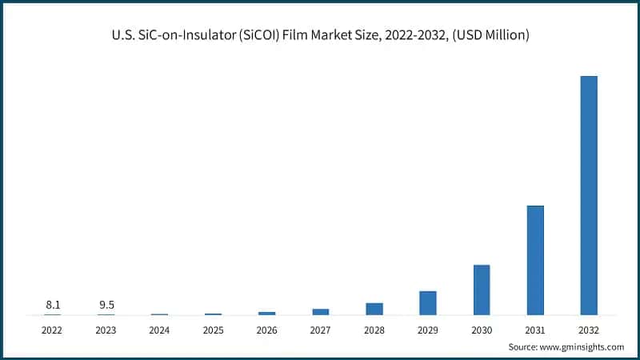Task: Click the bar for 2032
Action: click(x=588, y=195)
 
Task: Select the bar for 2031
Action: click(x=535, y=260)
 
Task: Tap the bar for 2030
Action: click(x=482, y=290)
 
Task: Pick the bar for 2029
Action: click(x=428, y=302)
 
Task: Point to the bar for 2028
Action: click(x=374, y=309)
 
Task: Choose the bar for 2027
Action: click(x=321, y=311)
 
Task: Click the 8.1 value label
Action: click(x=52, y=304)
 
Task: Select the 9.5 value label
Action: click(x=106, y=304)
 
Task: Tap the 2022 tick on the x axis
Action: click(x=52, y=330)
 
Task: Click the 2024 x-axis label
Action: click(x=159, y=330)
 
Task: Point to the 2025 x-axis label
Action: click(x=213, y=330)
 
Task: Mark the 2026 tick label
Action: click(x=266, y=330)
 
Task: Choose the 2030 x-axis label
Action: click(x=482, y=330)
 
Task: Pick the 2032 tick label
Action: click(x=588, y=330)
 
